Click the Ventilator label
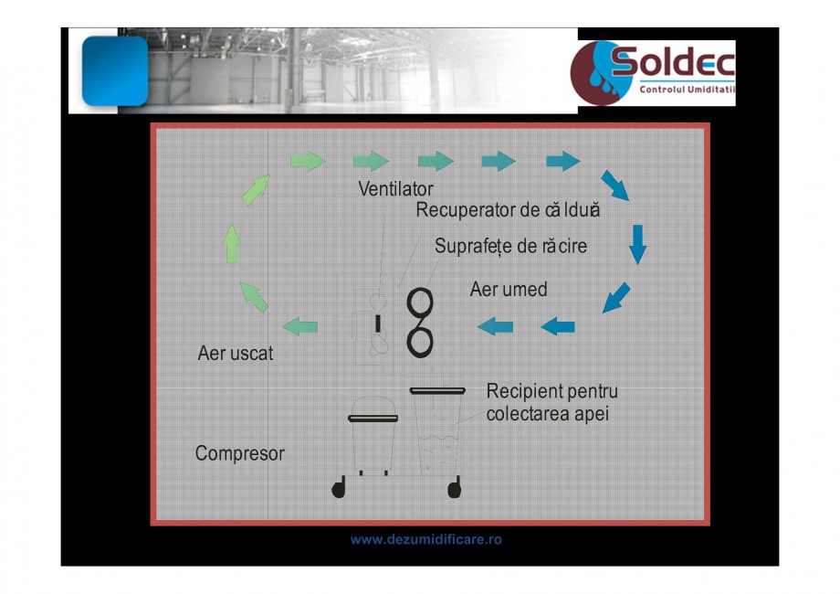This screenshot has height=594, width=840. click(395, 188)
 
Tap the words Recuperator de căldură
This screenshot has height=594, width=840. click(508, 209)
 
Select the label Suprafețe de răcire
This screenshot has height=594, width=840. click(510, 246)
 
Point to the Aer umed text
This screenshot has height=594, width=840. click(509, 290)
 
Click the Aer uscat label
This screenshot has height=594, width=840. click(236, 354)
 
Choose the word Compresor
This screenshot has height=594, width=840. click(239, 453)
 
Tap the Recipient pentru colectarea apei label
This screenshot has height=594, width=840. click(551, 403)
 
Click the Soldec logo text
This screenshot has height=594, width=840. click(673, 61)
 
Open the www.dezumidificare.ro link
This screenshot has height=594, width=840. click(425, 539)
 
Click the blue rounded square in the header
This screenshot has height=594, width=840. click(115, 70)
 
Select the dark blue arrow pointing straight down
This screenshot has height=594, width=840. click(637, 245)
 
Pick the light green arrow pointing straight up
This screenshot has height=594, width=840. click(231, 243)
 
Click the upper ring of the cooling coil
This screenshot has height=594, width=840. click(419, 302)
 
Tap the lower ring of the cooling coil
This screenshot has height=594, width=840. click(419, 342)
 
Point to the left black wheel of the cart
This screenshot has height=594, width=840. click(339, 488)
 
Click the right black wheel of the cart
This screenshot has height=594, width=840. click(455, 488)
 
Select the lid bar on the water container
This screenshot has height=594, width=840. click(437, 391)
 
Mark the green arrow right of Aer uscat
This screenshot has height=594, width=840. click(300, 326)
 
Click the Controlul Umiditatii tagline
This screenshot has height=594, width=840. click(687, 90)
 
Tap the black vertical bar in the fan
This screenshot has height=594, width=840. click(378, 324)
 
